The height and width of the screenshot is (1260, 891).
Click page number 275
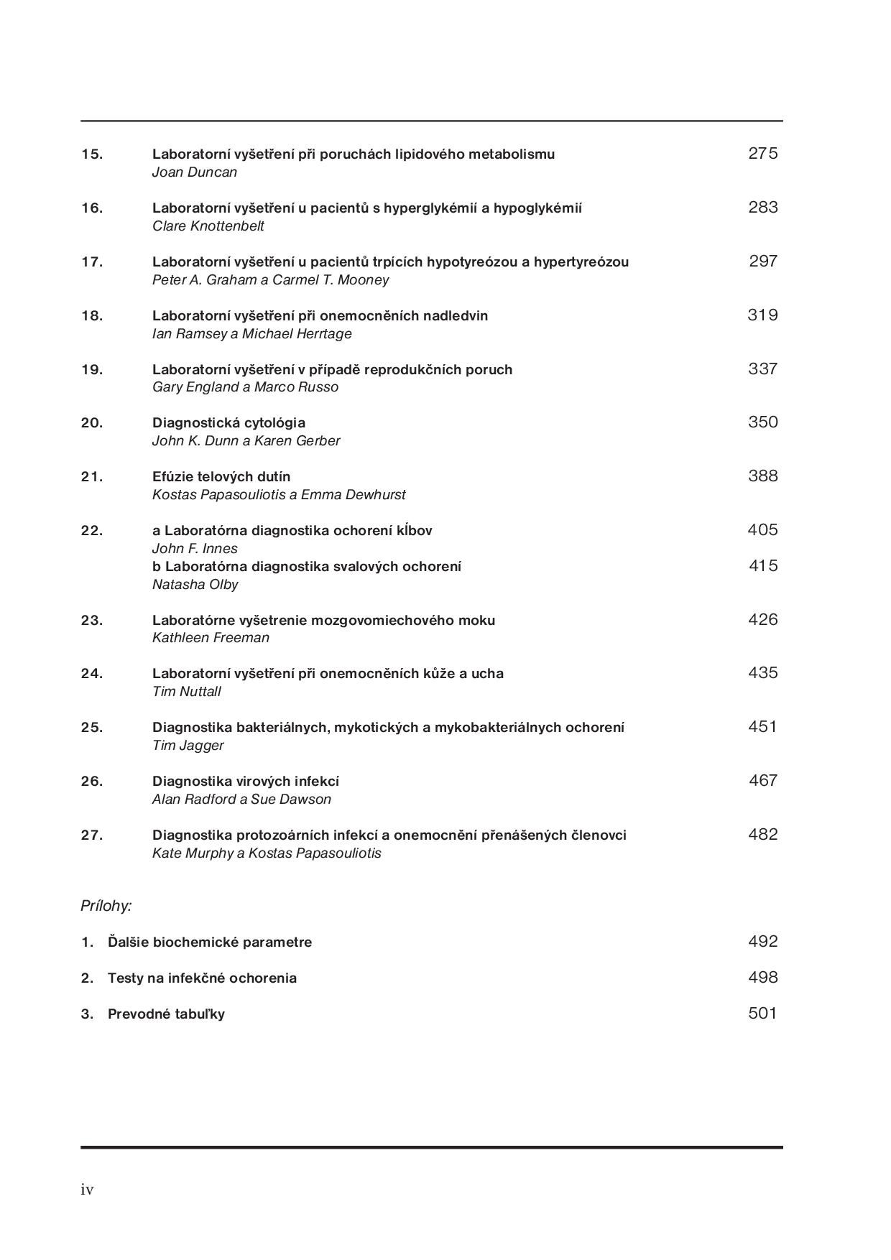click(x=762, y=153)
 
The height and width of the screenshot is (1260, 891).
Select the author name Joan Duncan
click(x=194, y=172)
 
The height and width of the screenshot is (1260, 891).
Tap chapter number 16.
click(x=92, y=208)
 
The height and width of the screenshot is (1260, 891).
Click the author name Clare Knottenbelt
click(x=208, y=226)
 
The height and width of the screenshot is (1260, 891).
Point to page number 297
click(x=762, y=261)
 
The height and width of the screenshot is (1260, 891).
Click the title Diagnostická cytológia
click(x=228, y=422)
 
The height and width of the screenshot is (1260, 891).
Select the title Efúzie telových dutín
click(x=221, y=476)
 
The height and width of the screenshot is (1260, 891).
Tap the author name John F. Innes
click(x=195, y=549)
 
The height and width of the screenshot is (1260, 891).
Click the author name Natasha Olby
click(x=195, y=585)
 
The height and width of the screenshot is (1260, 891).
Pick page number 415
click(x=762, y=565)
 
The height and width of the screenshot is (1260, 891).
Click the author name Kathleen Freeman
click(x=211, y=638)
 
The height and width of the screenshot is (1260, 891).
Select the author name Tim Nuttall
click(x=186, y=692)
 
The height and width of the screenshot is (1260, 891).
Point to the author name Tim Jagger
click(x=188, y=746)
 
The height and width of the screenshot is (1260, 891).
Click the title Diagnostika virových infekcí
click(x=246, y=781)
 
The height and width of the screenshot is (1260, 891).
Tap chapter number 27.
click(x=92, y=835)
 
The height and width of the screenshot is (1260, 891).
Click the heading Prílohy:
click(x=106, y=906)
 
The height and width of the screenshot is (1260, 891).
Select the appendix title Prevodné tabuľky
click(x=166, y=1014)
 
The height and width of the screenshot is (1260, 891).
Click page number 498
click(x=762, y=977)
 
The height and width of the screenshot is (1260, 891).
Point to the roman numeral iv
click(x=87, y=1190)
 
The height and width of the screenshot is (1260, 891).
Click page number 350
click(x=762, y=422)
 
